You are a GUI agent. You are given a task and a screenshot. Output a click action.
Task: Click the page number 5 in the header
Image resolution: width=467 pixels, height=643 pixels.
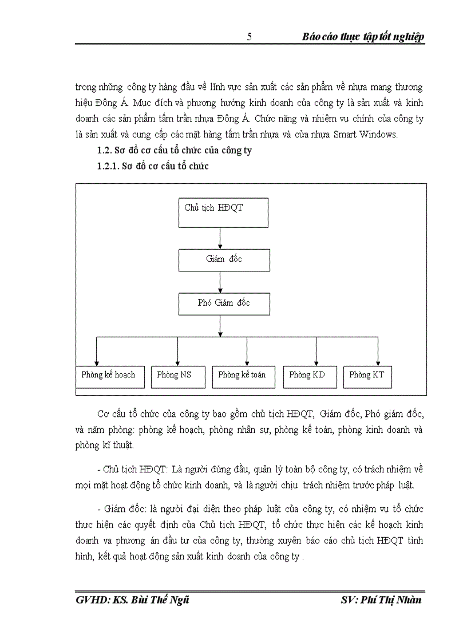point(249,37)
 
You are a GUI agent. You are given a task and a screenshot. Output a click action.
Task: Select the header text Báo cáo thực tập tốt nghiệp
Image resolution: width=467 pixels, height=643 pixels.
point(363,37)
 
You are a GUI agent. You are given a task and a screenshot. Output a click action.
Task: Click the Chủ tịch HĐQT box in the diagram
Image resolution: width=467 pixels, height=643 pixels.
point(223,211)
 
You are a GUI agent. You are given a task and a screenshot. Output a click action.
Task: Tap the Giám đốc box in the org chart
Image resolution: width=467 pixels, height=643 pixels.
point(223,259)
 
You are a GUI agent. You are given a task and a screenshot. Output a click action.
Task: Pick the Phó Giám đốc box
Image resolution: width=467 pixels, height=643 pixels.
point(223,303)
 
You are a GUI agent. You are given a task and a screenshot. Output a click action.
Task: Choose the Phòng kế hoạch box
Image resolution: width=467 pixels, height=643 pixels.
point(109,376)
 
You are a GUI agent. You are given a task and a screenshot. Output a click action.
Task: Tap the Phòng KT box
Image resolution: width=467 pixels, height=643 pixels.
point(367,376)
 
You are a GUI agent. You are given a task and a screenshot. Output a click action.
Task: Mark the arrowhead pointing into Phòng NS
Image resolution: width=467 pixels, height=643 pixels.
point(177,362)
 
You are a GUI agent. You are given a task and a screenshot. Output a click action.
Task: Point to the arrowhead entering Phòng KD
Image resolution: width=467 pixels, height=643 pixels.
point(316,362)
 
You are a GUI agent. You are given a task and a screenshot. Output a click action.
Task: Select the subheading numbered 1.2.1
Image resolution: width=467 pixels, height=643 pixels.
point(153,167)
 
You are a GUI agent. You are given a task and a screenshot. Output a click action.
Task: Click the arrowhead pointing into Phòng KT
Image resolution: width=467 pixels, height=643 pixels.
point(377,362)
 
